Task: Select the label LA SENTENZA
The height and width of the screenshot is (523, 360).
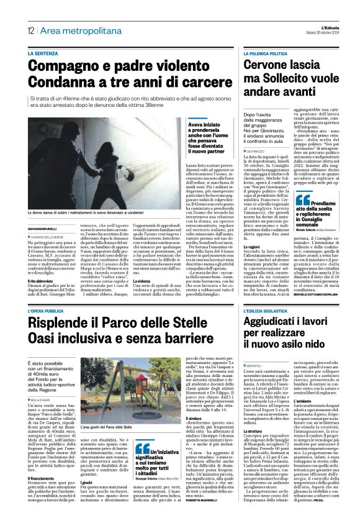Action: point(43,54)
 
